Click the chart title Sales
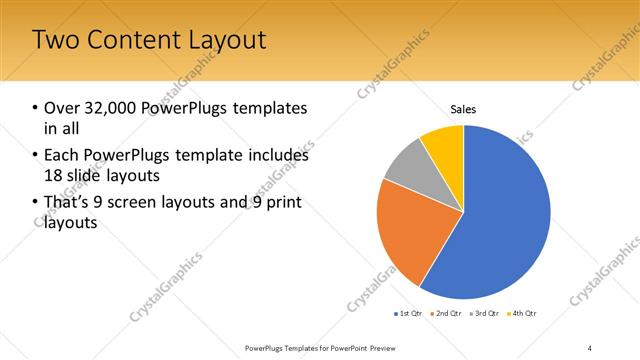point(463,109)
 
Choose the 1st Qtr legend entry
point(407,314)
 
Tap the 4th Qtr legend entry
point(522,314)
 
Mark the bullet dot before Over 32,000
point(35,108)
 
